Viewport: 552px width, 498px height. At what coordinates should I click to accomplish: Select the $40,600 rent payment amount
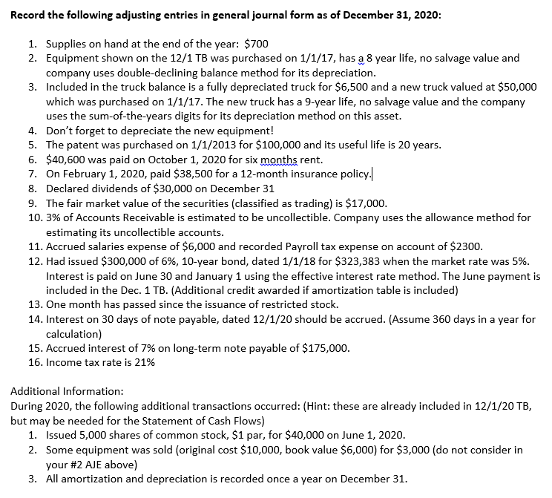tap(65, 160)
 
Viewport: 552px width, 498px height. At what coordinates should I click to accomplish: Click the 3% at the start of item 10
tap(54, 217)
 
